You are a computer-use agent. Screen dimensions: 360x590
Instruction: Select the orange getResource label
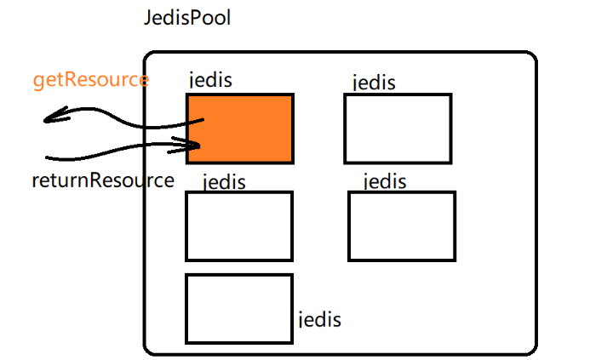click(x=91, y=81)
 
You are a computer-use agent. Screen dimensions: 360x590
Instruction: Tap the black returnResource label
click(x=103, y=180)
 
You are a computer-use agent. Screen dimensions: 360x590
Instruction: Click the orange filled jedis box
click(x=240, y=128)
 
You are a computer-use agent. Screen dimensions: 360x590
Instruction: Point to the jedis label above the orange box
click(x=210, y=80)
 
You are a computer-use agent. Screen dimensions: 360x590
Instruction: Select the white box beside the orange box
click(x=398, y=129)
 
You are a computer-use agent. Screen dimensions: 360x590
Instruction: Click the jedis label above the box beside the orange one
click(x=374, y=83)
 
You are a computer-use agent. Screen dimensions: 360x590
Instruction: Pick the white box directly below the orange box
click(x=239, y=226)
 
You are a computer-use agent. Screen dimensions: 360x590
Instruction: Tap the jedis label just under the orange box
click(x=224, y=181)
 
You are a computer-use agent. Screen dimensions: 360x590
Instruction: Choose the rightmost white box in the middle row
click(x=402, y=226)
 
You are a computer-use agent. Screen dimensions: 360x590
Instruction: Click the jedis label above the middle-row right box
click(x=385, y=181)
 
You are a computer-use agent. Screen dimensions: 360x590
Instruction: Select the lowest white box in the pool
click(x=239, y=308)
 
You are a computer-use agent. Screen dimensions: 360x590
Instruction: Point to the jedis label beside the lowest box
click(x=320, y=320)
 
